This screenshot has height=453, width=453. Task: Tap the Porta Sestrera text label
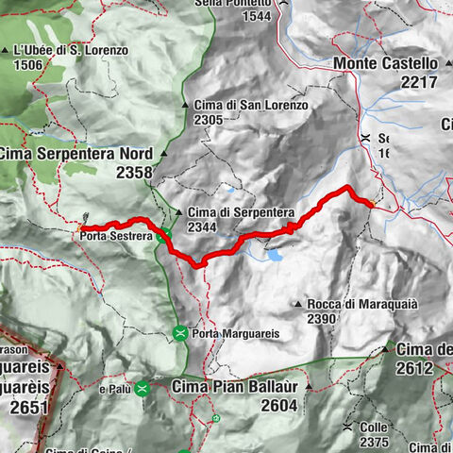coord(116,234)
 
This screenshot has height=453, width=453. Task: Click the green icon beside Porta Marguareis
coord(180,332)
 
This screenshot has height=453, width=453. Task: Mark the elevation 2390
coord(321,319)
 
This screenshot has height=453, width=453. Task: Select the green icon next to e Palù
coord(143,388)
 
